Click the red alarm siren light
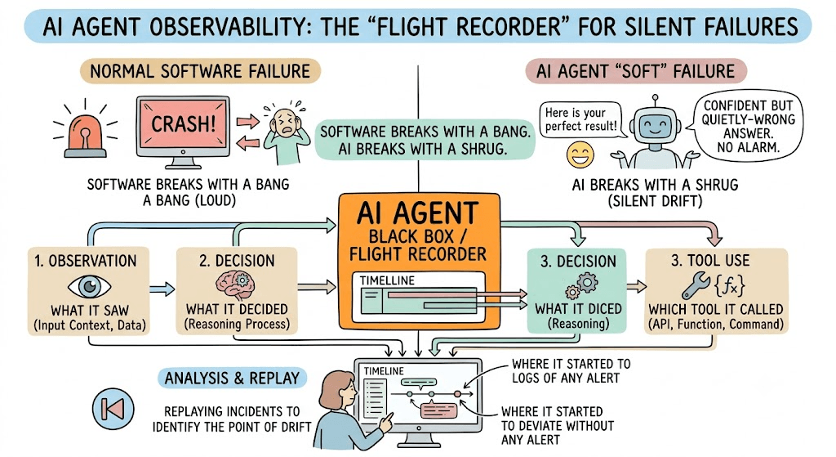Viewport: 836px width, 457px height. coord(85,137)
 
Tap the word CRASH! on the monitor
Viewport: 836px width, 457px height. coord(184,124)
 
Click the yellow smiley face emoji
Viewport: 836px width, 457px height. coord(580,155)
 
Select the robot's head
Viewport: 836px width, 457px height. coord(655,125)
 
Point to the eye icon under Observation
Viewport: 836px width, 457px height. coord(90,287)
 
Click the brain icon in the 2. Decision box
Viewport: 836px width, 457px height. coord(235,284)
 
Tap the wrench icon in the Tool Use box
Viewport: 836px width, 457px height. coord(696,285)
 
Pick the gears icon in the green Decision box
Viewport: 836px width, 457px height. coord(581,285)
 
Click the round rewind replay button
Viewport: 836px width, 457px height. coord(113,409)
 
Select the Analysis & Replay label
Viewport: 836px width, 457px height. coord(232,378)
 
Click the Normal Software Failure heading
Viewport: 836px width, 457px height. coord(200,71)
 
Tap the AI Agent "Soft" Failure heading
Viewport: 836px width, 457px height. coord(635,71)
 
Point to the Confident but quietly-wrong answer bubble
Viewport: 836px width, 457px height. coord(749,126)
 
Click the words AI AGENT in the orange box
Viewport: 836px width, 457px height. coord(417,213)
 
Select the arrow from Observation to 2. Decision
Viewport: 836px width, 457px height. coord(162,289)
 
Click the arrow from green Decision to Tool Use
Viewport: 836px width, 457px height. coord(636,287)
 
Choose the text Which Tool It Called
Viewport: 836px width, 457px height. coord(715,310)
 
